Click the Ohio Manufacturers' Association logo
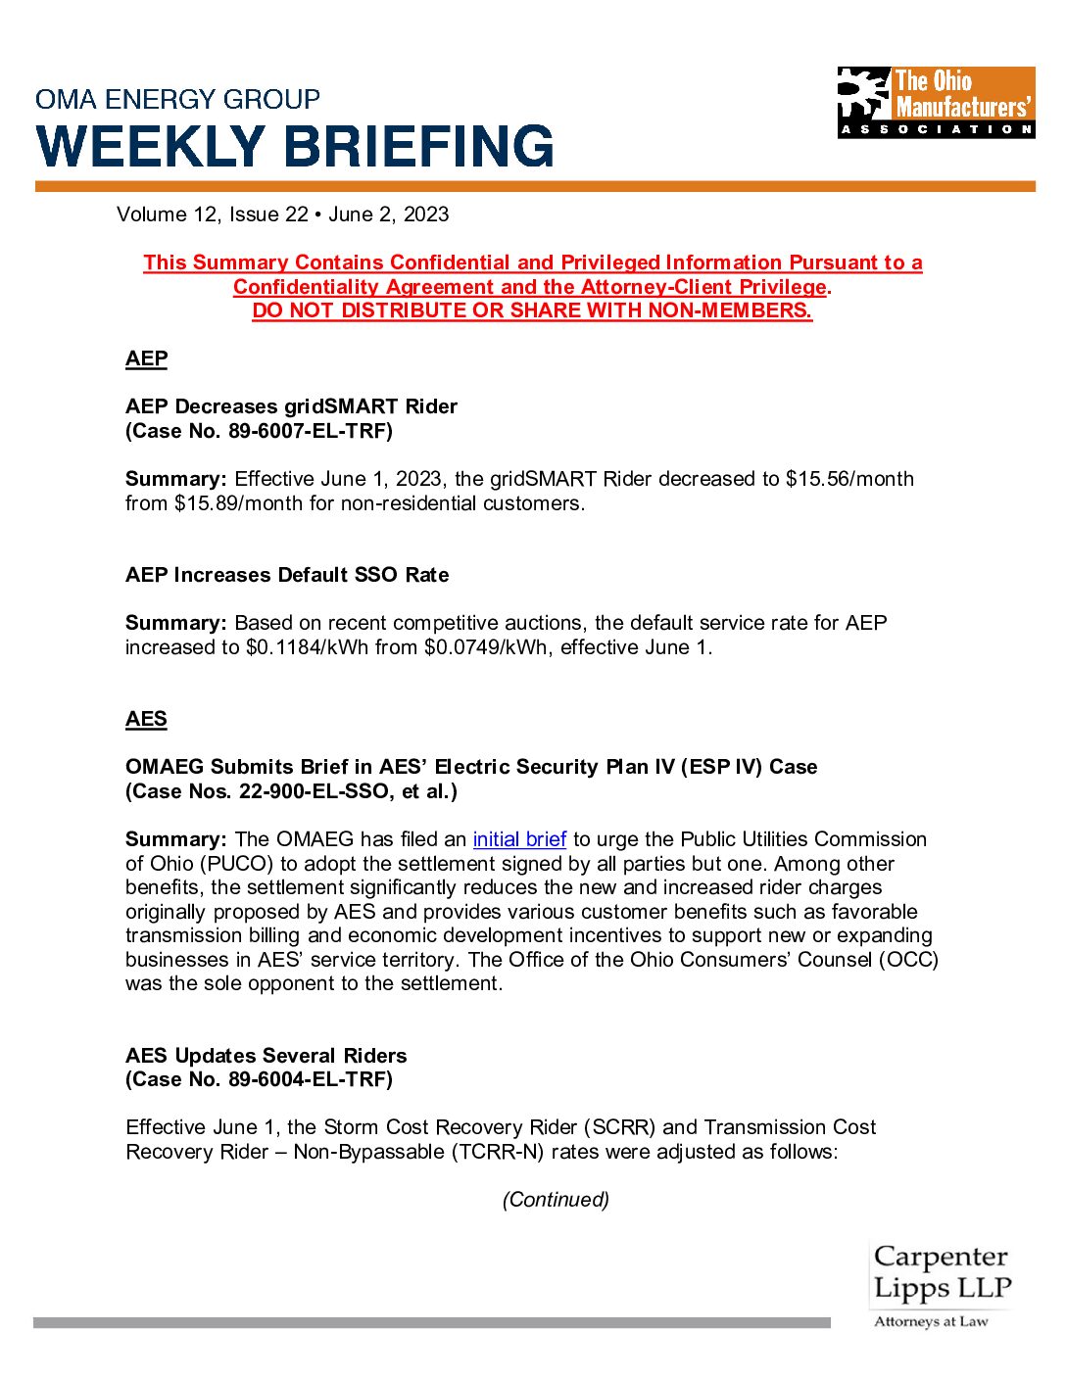tap(936, 102)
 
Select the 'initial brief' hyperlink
tap(519, 839)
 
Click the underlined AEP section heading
tap(147, 358)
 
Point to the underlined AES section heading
tap(147, 719)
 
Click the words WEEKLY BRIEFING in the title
tap(295, 147)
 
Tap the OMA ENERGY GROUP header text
tap(177, 99)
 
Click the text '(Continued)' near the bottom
tap(556, 1200)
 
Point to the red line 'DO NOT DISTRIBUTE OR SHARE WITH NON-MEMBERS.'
tap(532, 310)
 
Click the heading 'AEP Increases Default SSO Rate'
tap(287, 575)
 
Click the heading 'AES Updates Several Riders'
tap(266, 1056)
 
